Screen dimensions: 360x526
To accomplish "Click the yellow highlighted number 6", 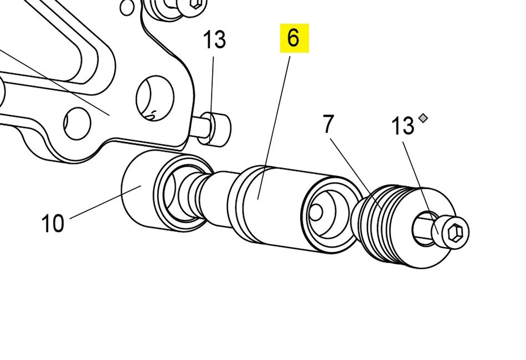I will tap(293, 38).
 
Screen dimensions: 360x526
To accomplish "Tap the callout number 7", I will tap(328, 125).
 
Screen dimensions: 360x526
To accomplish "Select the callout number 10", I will tap(53, 224).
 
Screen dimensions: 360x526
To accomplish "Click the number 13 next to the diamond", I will tap(403, 126).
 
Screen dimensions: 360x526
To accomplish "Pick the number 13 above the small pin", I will tap(214, 40).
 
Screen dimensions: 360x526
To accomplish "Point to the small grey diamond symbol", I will tap(424, 117).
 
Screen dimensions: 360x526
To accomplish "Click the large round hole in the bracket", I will tap(154, 99).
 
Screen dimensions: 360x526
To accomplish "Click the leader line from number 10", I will tap(105, 202).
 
